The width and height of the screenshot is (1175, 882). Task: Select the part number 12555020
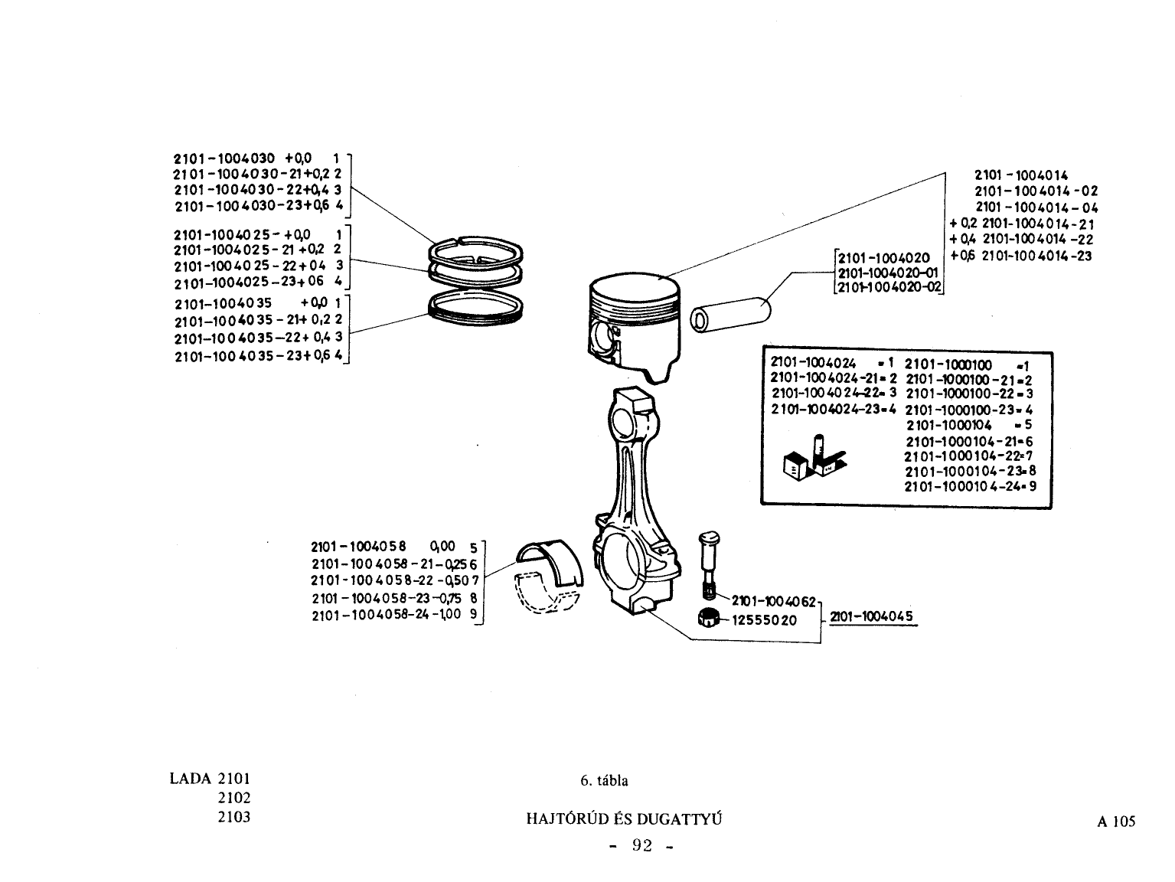click(764, 621)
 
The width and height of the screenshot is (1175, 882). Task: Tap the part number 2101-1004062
click(774, 602)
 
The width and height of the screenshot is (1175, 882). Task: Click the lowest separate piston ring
click(475, 308)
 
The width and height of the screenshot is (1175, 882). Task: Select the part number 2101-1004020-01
click(887, 273)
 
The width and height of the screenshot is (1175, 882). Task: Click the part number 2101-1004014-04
click(1037, 207)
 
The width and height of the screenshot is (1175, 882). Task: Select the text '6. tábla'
click(604, 781)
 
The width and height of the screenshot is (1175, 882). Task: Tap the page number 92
click(642, 845)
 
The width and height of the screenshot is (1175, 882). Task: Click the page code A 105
click(1116, 822)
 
